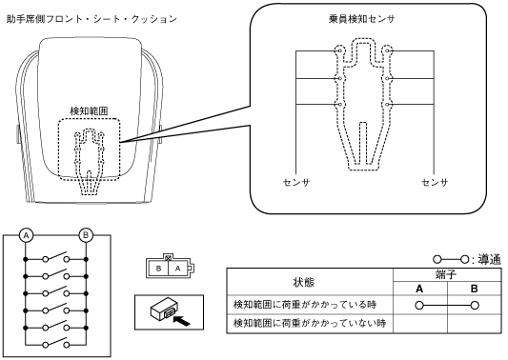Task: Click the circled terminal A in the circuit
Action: click(27, 235)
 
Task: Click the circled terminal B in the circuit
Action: click(86, 235)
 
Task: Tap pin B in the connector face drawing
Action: click(158, 269)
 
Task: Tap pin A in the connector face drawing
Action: click(177, 269)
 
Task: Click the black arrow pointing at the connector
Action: click(182, 321)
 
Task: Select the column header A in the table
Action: click(419, 289)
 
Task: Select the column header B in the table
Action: click(474, 289)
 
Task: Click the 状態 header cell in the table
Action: click(304, 283)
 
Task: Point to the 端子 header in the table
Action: click(446, 275)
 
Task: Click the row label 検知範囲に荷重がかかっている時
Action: click(305, 305)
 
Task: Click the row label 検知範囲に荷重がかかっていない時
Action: click(310, 323)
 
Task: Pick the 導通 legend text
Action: click(490, 260)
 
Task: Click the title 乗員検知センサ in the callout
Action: click(361, 19)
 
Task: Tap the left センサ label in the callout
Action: click(296, 183)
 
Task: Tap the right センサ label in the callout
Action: click(435, 183)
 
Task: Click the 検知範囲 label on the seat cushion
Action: click(89, 111)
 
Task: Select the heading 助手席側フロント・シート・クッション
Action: click(91, 19)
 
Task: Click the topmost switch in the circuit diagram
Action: click(56, 257)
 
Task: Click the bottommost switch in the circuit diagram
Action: click(56, 342)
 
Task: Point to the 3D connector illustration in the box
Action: click(163, 311)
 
